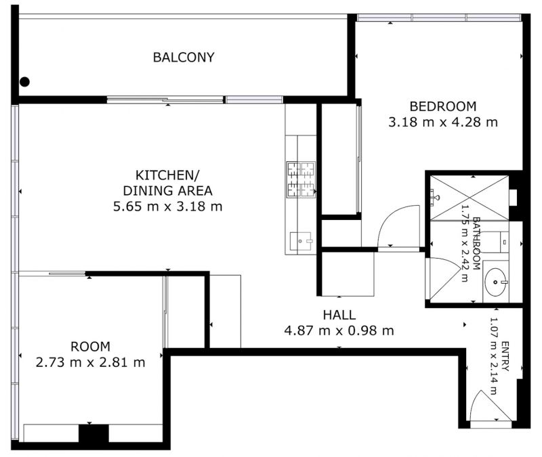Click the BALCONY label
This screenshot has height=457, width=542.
(184, 58)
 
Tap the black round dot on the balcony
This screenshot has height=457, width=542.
(24, 82)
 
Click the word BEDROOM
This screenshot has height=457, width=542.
(443, 106)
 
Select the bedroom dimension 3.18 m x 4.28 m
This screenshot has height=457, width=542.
(443, 123)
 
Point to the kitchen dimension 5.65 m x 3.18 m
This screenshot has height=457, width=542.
(167, 206)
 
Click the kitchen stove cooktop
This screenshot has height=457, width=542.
(301, 179)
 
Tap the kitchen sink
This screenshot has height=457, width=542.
(301, 241)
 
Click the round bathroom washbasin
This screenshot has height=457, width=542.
(496, 282)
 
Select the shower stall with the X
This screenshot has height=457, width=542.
(470, 198)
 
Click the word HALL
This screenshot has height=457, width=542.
(339, 315)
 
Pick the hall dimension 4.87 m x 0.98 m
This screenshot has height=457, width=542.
(339, 331)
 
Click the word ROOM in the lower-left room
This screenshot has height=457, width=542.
(91, 347)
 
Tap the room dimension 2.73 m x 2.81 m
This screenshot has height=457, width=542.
(91, 362)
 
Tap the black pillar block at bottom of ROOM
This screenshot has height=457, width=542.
(93, 433)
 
